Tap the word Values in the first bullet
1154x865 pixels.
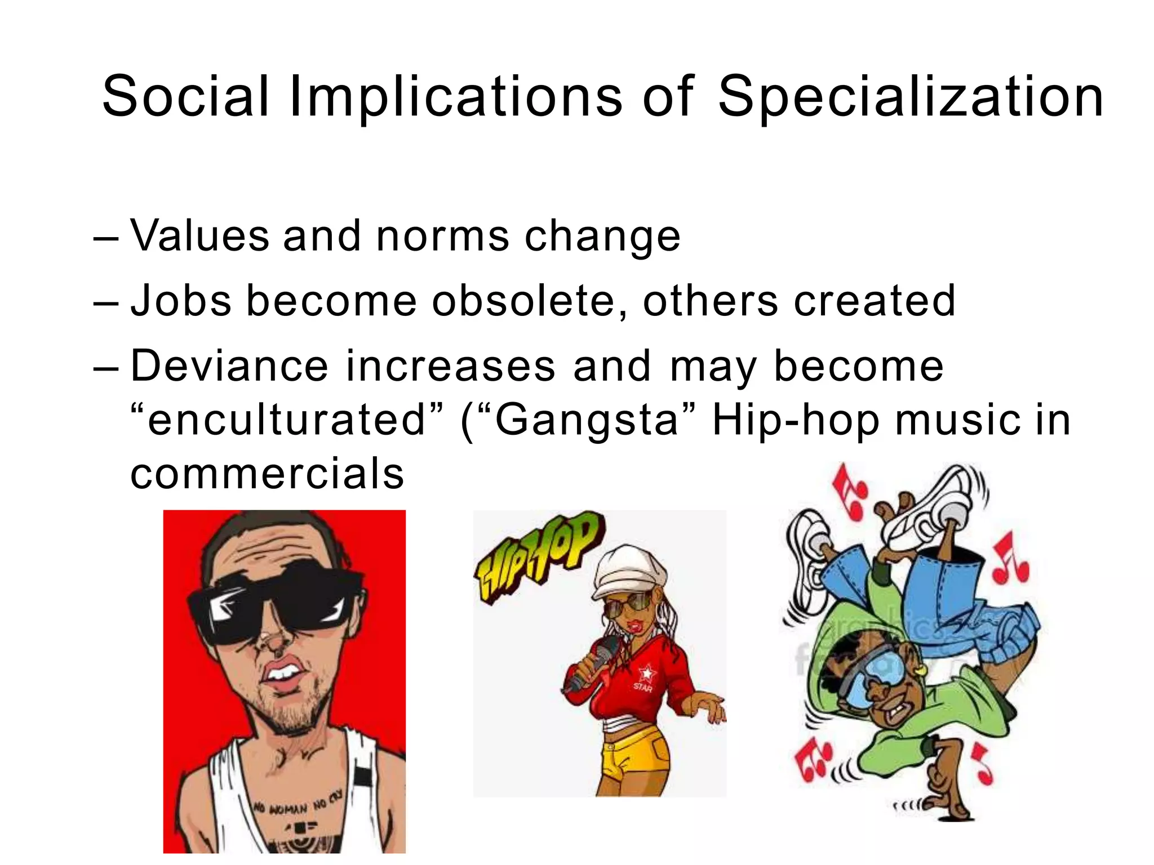[x=200, y=235]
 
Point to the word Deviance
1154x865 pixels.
[x=229, y=366]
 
